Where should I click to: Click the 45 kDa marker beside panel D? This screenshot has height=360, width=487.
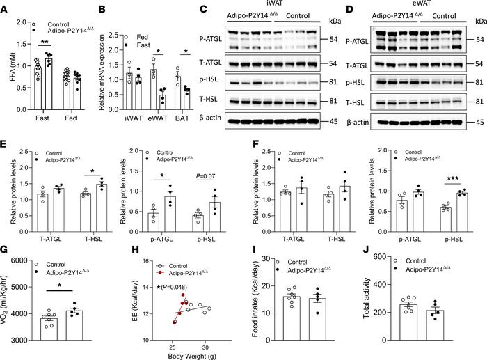(479, 126)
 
